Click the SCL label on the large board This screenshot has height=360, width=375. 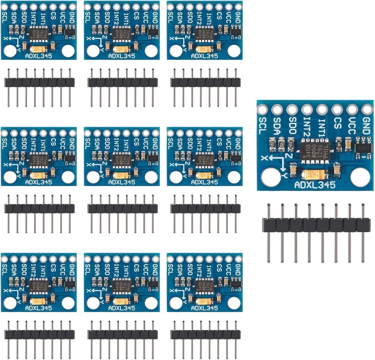tap(263, 126)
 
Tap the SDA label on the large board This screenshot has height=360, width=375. tap(277, 126)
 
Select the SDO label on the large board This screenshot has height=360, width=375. tap(292, 126)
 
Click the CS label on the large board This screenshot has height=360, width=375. tap(337, 124)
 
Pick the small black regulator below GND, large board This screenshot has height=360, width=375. tap(364, 147)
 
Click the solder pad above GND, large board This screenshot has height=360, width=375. tap(366, 110)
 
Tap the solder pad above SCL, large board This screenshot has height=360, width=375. tap(262, 110)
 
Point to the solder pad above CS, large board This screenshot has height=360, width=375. tap(337, 110)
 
